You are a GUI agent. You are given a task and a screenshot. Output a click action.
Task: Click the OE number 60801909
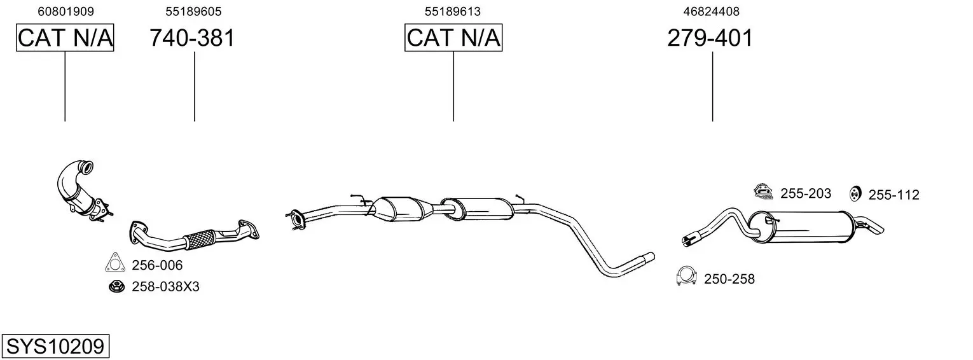pyautogui.click(x=66, y=11)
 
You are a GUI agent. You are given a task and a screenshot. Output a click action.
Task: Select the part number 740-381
pyautogui.click(x=192, y=38)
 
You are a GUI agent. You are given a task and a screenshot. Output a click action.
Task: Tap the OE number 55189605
pyautogui.click(x=193, y=11)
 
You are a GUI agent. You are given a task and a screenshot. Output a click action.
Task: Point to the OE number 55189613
pyautogui.click(x=453, y=11)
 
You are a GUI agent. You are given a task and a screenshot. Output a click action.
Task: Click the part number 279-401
pyautogui.click(x=710, y=38)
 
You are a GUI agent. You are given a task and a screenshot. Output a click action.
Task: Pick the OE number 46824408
pyautogui.click(x=711, y=11)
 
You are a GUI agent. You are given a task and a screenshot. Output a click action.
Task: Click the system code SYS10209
pyautogui.click(x=55, y=346)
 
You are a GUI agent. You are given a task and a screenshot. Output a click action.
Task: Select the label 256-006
pyautogui.click(x=157, y=265)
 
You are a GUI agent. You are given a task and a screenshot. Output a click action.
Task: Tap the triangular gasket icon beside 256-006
pyautogui.click(x=114, y=263)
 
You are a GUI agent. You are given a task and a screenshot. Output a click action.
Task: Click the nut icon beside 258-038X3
pyautogui.click(x=116, y=287)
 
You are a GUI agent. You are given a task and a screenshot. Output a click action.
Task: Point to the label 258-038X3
pyautogui.click(x=165, y=287)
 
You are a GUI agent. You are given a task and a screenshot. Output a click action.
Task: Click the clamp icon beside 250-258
pyautogui.click(x=687, y=275)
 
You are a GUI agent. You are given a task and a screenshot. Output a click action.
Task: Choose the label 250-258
pyautogui.click(x=729, y=279)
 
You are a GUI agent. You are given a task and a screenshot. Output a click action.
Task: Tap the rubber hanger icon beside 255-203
pyautogui.click(x=763, y=191)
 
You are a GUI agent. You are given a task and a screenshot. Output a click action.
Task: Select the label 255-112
pyautogui.click(x=894, y=195)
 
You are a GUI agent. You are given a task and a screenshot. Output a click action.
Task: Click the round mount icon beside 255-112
pyautogui.click(x=855, y=194)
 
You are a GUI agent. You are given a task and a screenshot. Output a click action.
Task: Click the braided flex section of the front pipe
pyautogui.click(x=200, y=239)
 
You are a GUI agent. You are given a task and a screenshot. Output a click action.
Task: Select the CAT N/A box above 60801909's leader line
pyautogui.click(x=65, y=38)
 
